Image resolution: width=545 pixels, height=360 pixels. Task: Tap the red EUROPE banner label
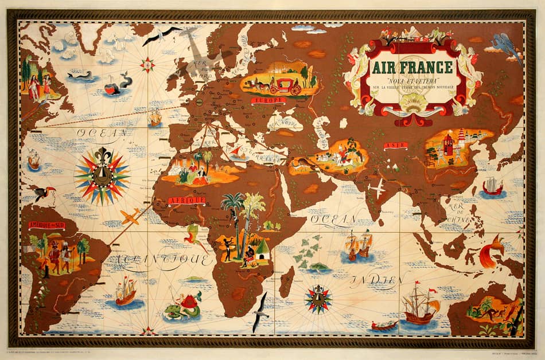pos(268,101)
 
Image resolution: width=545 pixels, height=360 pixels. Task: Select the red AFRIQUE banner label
pos(186,200)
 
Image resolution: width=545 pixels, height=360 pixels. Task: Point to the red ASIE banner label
pos(395,146)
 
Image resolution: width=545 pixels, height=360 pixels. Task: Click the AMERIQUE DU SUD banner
pos(46,225)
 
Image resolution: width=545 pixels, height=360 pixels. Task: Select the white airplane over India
pos(377,188)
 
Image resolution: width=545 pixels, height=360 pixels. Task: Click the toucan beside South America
pos(41,194)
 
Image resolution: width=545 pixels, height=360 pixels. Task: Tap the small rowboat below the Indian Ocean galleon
pos(384,326)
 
